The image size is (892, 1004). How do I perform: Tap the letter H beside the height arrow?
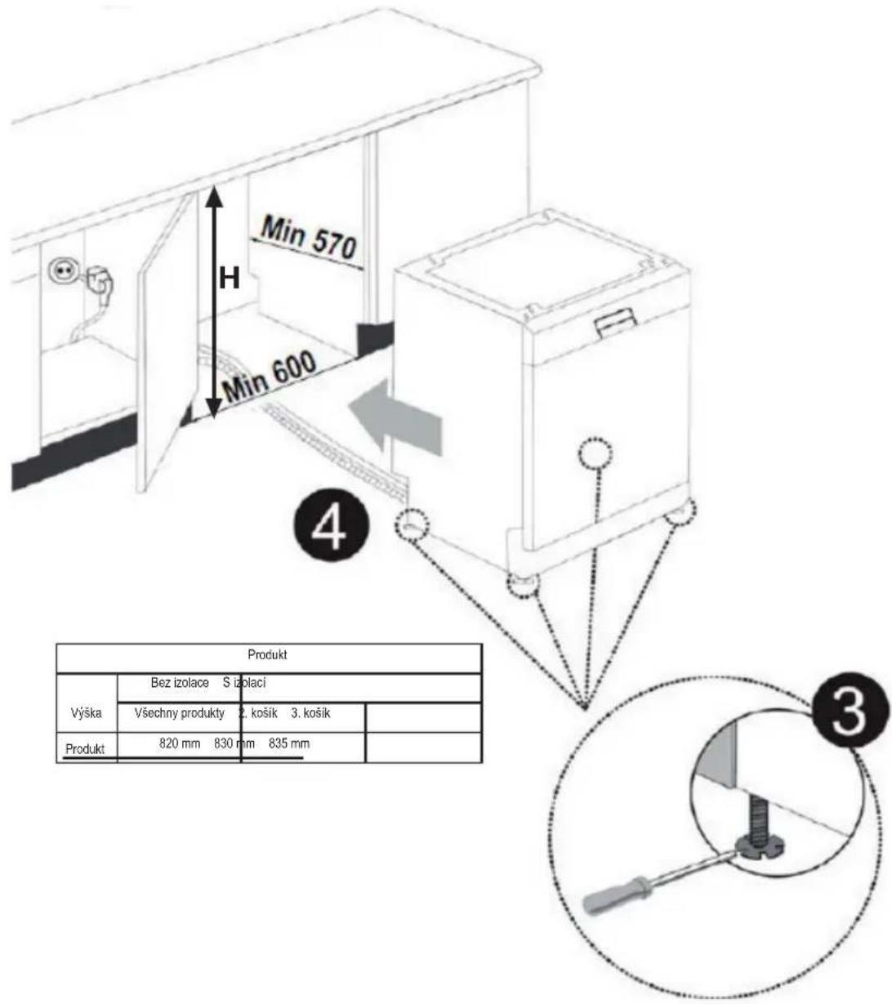pos(229,278)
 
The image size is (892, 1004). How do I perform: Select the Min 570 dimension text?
pos(308,238)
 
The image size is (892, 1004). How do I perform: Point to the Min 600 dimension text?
pos(269,376)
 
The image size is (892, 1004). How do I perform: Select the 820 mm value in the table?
pos(180,744)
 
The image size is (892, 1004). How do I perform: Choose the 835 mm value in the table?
pos(289,744)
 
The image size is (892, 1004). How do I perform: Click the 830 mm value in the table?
pos(234,744)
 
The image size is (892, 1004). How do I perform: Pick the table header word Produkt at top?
pos(268,654)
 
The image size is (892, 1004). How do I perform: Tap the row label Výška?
pos(87,713)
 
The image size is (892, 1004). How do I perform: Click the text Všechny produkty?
pos(180,714)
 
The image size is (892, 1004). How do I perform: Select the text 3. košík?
pos(310,713)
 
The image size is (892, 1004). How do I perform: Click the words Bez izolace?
pos(180,683)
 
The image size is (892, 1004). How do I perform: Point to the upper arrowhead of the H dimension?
pos(213,196)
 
